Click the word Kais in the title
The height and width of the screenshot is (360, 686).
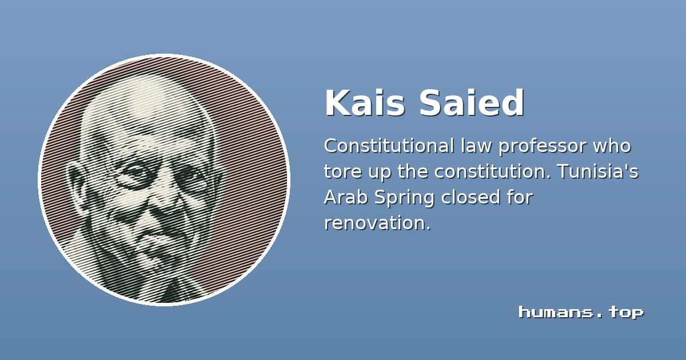pos(365,102)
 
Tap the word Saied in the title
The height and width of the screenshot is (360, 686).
pos(472,102)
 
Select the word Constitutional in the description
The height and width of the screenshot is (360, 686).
pos(389,146)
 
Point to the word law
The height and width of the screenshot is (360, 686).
pos(476,146)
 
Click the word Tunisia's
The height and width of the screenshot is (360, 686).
pos(598,171)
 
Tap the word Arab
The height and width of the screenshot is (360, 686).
pos(346,197)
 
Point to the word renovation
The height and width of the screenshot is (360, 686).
pos(377,223)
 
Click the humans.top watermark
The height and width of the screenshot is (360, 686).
pos(581,313)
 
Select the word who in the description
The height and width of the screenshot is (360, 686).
pos(612,146)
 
